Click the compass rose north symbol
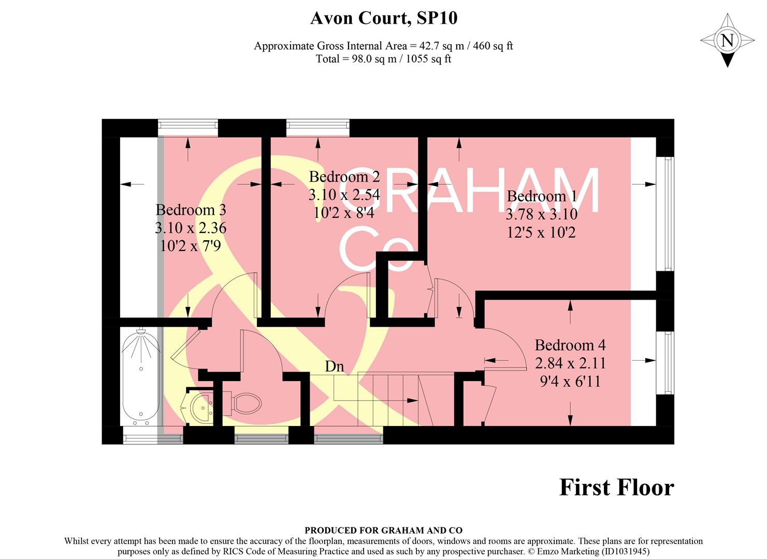click(x=727, y=40)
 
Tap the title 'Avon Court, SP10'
click(x=383, y=19)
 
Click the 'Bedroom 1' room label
click(x=541, y=196)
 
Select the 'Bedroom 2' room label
click(x=344, y=177)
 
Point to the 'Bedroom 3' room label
click(x=191, y=210)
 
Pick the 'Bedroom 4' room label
click(x=570, y=345)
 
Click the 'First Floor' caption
click(x=616, y=488)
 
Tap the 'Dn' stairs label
click(x=334, y=366)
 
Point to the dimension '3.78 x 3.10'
click(x=541, y=214)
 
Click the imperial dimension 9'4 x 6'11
click(x=570, y=382)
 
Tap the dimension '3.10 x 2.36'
click(x=191, y=228)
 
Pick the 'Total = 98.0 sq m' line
click(x=383, y=59)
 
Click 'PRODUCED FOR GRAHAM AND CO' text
click(x=383, y=530)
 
